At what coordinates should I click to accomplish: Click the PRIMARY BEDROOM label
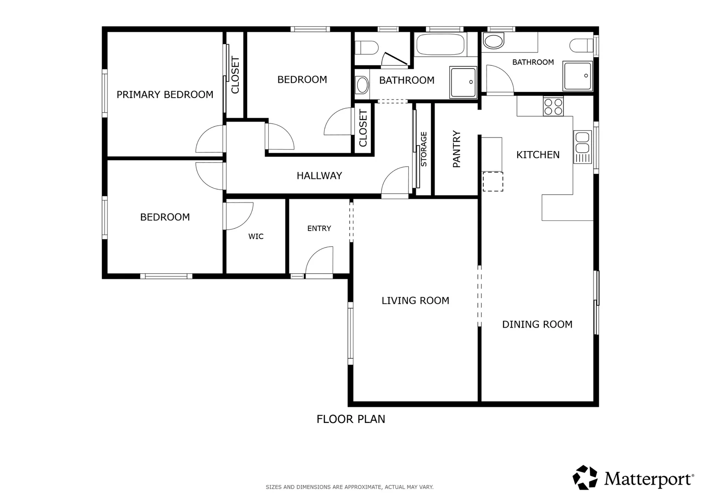click(164, 94)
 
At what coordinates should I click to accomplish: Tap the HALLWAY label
click(319, 175)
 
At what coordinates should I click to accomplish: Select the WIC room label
click(256, 236)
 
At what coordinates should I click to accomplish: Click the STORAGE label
click(424, 149)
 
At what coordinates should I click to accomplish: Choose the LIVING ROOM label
click(415, 301)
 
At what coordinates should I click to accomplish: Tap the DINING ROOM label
click(537, 324)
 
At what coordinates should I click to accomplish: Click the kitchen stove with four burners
click(553, 107)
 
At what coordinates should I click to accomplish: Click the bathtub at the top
click(440, 45)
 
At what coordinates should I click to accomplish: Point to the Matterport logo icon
click(585, 477)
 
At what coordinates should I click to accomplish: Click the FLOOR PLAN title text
click(351, 419)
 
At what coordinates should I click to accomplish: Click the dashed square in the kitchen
click(493, 181)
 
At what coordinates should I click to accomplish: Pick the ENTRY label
click(319, 228)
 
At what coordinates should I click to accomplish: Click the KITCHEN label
click(538, 155)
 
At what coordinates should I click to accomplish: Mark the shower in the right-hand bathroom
click(577, 76)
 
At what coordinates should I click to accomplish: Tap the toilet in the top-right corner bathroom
click(580, 46)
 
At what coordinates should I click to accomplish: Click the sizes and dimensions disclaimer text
click(349, 487)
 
